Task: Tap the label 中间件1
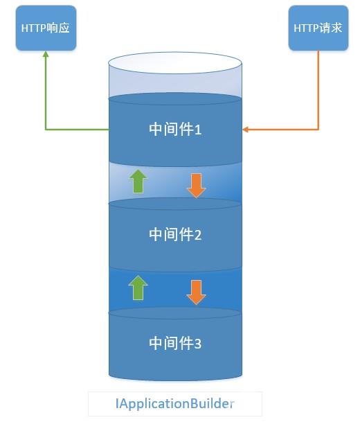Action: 175,130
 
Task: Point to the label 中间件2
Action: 175,235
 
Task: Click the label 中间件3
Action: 175,342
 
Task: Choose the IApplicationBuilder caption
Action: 174,403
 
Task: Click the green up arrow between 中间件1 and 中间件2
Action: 138,181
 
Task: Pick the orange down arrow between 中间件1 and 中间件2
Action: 197,184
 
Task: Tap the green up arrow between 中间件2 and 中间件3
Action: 138,288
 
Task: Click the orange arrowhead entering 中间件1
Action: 246,129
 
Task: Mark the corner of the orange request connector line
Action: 318,129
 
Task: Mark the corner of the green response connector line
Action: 46,129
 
